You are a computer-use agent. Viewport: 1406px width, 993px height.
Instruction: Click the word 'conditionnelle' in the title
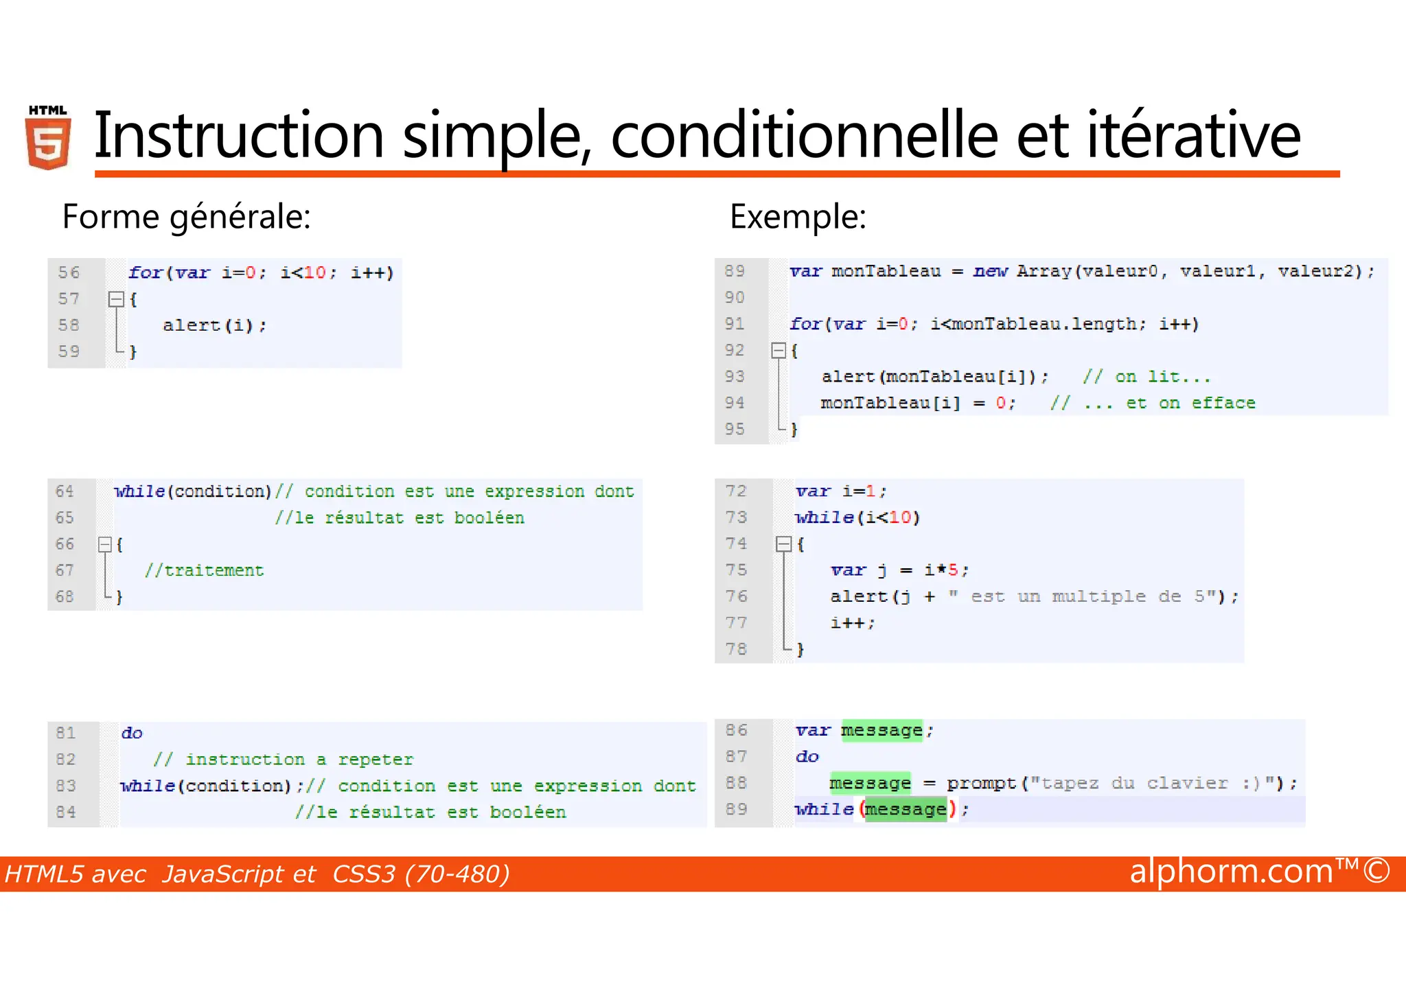tap(804, 135)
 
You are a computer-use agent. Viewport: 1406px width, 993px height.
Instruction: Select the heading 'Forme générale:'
tap(187, 217)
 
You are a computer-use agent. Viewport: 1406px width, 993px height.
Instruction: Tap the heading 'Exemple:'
tap(798, 217)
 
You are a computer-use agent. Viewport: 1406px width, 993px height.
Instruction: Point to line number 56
tap(69, 272)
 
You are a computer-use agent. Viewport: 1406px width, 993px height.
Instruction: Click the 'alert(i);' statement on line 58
tap(214, 325)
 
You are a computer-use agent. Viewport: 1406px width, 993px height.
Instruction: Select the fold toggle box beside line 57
tap(116, 299)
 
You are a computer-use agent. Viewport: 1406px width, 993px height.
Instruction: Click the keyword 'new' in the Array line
tap(989, 271)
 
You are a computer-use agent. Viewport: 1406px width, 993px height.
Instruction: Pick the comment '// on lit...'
tap(1146, 377)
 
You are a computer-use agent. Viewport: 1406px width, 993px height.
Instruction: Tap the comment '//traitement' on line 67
tap(204, 570)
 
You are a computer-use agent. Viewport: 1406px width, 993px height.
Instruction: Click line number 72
tap(735, 491)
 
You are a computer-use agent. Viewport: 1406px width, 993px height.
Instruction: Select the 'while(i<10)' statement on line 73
tap(857, 517)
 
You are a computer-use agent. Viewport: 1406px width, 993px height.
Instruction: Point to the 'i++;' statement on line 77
tap(853, 623)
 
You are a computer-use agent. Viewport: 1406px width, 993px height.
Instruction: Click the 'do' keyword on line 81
tap(132, 733)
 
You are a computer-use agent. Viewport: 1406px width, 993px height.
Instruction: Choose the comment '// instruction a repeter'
tap(283, 760)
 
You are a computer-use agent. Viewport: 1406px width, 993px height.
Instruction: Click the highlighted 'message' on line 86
tap(881, 730)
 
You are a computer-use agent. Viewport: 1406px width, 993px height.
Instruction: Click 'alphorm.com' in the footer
tap(1231, 872)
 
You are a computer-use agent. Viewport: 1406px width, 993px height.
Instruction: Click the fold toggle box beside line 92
tap(779, 351)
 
